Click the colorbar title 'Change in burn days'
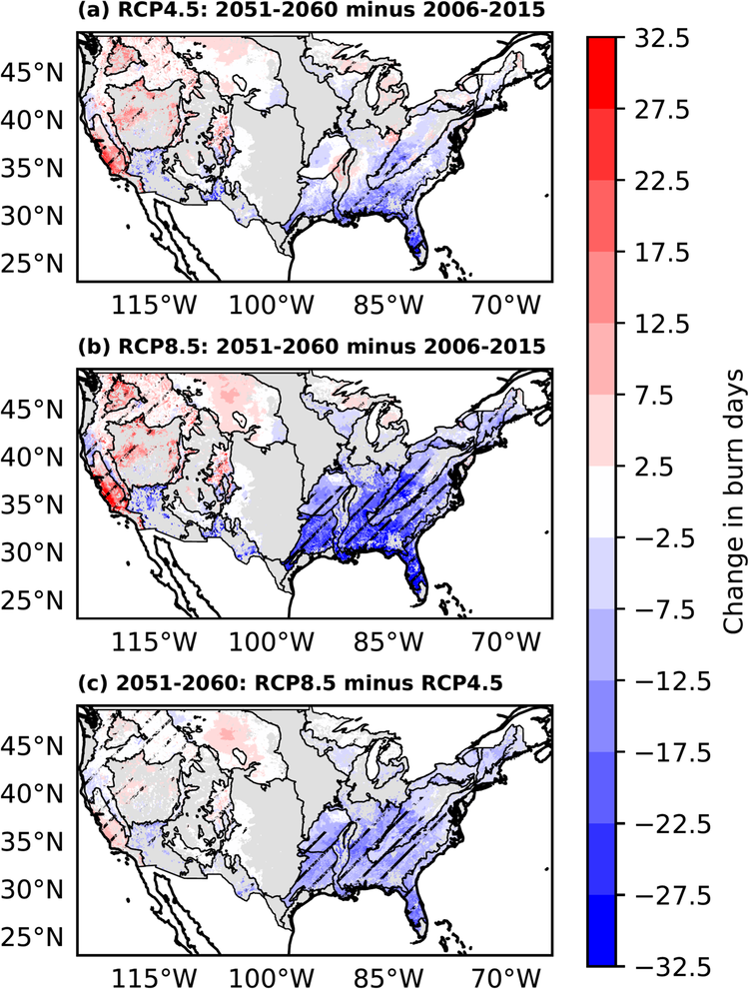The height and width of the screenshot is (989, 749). coord(731,502)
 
